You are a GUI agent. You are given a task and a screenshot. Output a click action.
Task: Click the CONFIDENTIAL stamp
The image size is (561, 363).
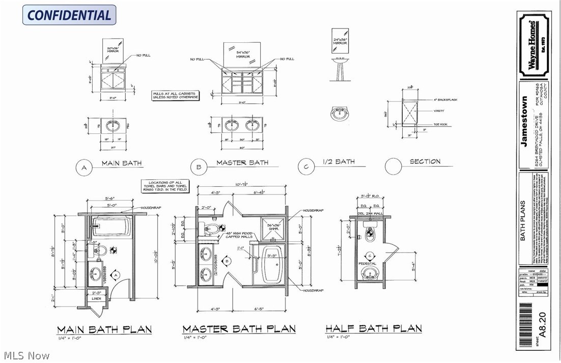click(x=69, y=15)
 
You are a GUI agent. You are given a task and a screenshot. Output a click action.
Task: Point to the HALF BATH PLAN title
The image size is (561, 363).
click(x=374, y=328)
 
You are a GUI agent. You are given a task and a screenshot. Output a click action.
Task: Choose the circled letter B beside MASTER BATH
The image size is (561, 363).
click(x=199, y=166)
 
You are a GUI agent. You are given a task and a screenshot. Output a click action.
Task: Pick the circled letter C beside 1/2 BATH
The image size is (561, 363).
click(x=305, y=166)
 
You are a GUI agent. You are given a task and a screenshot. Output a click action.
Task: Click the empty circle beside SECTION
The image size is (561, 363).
click(x=394, y=166)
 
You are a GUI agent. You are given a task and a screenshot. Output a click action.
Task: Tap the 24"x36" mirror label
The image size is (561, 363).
click(x=340, y=41)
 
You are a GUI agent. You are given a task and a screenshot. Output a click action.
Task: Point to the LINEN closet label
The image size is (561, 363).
click(x=96, y=298)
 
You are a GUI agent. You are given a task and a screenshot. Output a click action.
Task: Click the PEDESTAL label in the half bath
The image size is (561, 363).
click(x=368, y=264)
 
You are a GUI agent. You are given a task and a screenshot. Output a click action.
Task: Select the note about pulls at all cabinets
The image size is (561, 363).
click(x=176, y=95)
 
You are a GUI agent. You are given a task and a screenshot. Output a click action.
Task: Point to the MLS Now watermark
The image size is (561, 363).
click(x=25, y=355)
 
